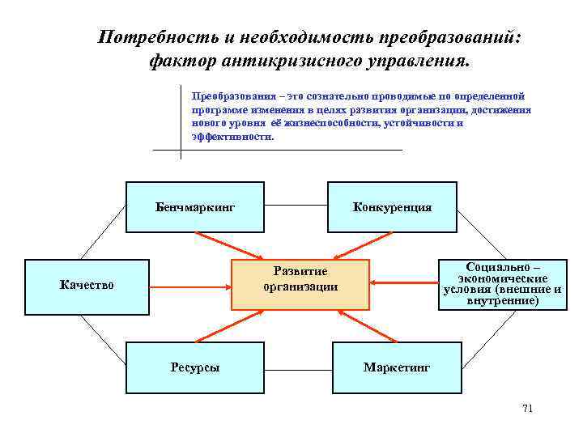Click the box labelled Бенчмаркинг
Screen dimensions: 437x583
pos(194,207)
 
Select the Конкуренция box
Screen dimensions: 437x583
pos(392,207)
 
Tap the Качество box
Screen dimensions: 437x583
pos(87,285)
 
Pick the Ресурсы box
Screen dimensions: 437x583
pos(194,367)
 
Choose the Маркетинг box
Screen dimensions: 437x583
pos(397,367)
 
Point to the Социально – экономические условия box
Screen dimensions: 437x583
pos(501,283)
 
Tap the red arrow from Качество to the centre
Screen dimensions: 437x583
pos(191,286)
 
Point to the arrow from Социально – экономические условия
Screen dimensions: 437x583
pos(404,283)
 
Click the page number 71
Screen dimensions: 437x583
pos(528,408)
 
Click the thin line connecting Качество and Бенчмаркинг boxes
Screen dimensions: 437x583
pos(102,233)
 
